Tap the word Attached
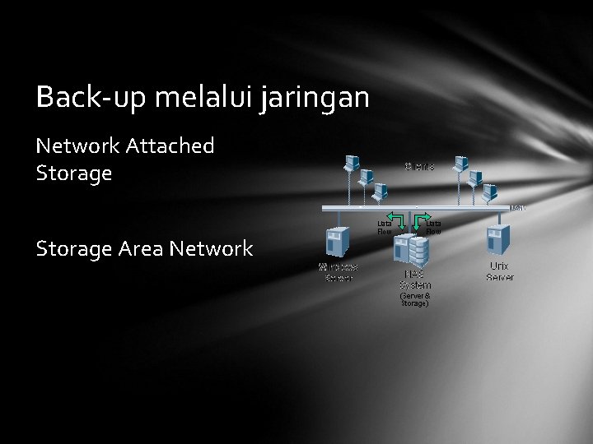[170, 146]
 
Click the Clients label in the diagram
[419, 167]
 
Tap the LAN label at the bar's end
[518, 207]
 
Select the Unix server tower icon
[499, 238]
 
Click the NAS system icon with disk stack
[412, 249]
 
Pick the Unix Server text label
[500, 271]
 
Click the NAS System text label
[414, 280]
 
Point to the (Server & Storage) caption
[414, 299]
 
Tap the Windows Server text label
[339, 272]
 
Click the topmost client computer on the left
[352, 162]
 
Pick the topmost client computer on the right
[461, 162]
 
